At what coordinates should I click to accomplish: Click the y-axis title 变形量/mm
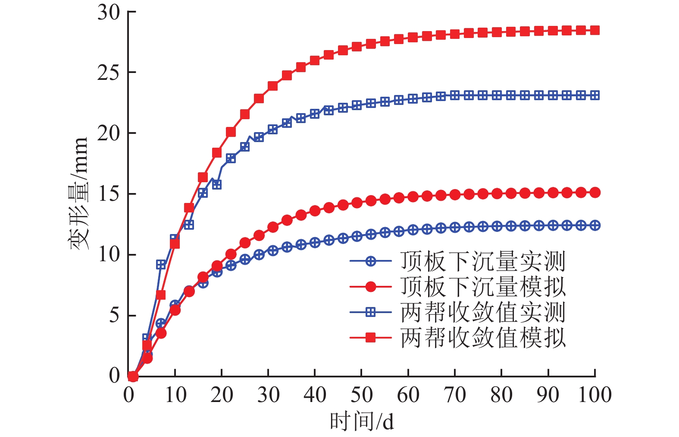click(79, 194)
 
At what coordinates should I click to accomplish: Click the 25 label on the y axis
click(109, 73)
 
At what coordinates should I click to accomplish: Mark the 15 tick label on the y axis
click(109, 194)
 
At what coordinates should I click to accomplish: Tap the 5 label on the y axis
click(114, 315)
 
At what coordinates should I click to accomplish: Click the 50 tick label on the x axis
click(361, 395)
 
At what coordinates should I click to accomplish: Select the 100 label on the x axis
click(595, 395)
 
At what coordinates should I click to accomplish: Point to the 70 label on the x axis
click(455, 395)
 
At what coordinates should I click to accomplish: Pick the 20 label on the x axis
click(222, 395)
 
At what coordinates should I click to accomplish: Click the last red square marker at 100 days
click(595, 30)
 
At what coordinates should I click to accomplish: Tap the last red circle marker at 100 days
click(595, 193)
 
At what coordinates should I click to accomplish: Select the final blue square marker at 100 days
click(595, 95)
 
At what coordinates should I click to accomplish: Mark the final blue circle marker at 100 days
click(595, 225)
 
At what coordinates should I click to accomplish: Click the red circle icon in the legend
click(370, 286)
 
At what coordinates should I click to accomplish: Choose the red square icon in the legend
click(370, 337)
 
